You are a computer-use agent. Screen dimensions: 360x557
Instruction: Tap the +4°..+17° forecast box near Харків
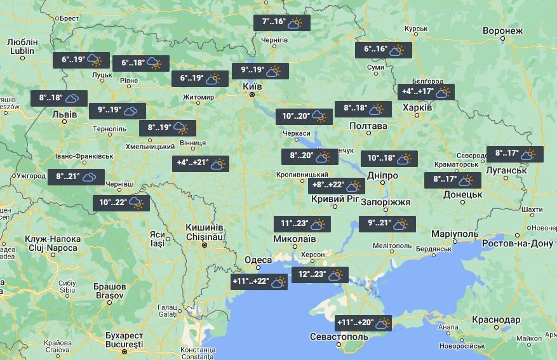pos(425,92)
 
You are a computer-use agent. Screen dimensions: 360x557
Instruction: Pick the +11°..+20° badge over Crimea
pos(363,323)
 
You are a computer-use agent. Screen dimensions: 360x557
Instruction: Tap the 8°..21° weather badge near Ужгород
pos(76,177)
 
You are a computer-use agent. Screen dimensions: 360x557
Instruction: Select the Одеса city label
pos(258,260)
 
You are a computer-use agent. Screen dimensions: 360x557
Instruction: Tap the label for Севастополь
pos(339,337)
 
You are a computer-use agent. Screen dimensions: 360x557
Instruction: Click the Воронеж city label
pos(502,30)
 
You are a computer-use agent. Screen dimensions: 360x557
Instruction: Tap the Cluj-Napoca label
pos(53,243)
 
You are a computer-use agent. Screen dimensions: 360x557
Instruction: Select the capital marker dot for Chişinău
pos(205,244)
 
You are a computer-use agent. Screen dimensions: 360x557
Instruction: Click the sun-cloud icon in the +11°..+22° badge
pos(278,283)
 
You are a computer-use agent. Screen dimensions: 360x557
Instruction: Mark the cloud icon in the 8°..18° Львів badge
pos(72,98)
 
